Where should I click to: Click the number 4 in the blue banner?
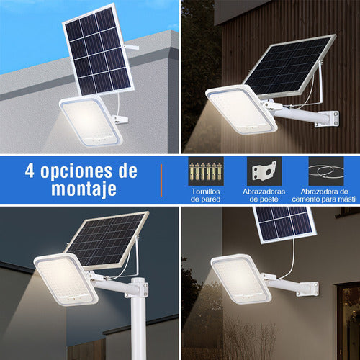click(31, 171)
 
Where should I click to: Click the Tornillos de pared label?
click(207, 195)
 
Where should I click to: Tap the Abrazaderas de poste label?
click(265, 195)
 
